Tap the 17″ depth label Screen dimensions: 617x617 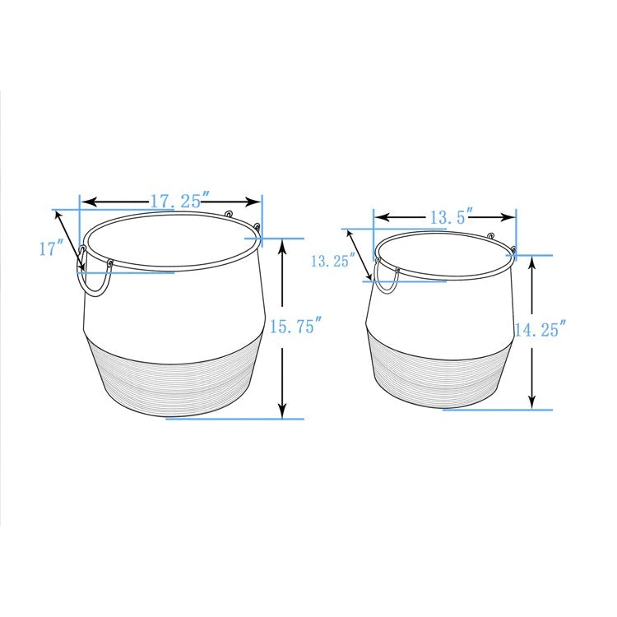click(x=52, y=249)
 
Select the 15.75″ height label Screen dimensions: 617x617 click(x=296, y=327)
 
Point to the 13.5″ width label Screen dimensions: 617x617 click(x=450, y=218)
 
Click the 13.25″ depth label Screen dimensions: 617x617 click(x=333, y=261)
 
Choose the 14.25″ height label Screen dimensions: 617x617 click(x=540, y=329)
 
